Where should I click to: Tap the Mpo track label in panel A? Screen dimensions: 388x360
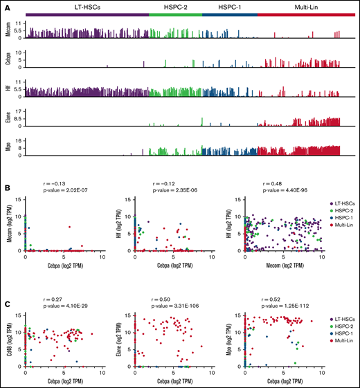click(8, 146)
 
